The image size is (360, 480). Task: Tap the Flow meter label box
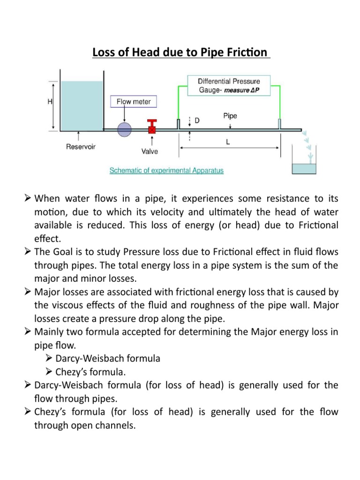tap(134, 101)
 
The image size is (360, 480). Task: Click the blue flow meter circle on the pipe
tap(125, 129)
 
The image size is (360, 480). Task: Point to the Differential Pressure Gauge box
tap(228, 86)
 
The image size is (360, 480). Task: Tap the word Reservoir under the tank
tap(80, 147)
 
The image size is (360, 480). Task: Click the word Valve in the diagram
tap(150, 151)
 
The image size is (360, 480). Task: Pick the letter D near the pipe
tap(197, 121)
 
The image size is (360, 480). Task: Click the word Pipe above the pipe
tap(230, 115)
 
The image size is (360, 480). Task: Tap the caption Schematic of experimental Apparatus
tap(166, 171)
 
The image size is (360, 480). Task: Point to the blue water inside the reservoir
tap(82, 105)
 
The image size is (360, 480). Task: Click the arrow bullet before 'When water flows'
tap(27, 199)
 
